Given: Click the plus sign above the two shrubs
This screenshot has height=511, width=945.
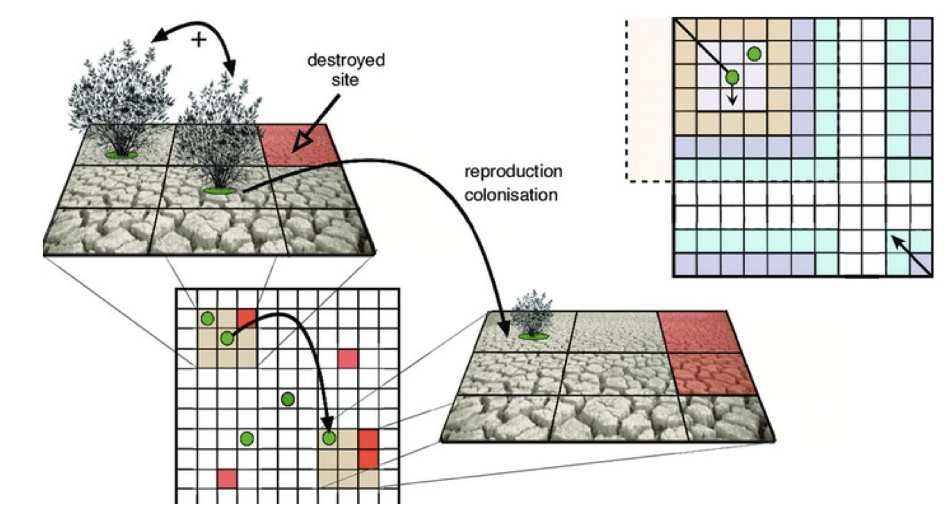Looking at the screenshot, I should point(199,40).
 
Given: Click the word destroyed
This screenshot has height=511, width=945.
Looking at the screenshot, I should point(345,60).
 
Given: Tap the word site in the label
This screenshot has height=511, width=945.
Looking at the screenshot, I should point(345,80).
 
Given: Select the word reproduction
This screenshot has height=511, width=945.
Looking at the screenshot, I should point(513,171).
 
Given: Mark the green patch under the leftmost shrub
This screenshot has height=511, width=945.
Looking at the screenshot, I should point(121,154).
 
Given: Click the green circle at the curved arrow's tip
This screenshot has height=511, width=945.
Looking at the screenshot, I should point(329,438).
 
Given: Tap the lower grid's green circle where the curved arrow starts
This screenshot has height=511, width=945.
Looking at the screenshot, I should point(227,338).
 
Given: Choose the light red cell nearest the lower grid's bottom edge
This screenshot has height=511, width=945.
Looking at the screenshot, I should point(227,478).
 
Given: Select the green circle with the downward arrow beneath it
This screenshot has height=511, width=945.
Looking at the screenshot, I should point(732,77).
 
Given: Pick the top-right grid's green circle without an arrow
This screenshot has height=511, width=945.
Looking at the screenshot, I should point(754,53).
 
